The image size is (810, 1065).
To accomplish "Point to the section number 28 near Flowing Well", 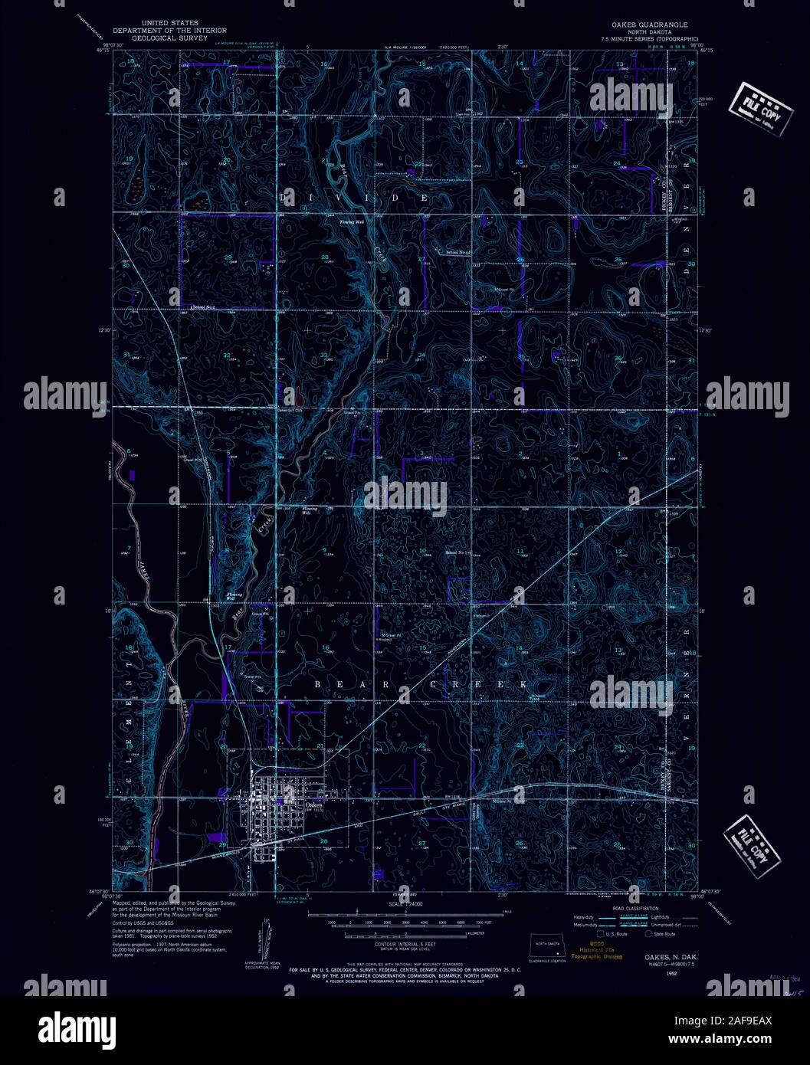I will point(325,257).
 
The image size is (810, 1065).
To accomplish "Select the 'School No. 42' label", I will point(447,252).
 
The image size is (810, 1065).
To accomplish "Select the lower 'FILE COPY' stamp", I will point(753,841).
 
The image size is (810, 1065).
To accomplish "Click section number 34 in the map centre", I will point(422,356).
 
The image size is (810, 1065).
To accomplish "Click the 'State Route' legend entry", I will point(664,934).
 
